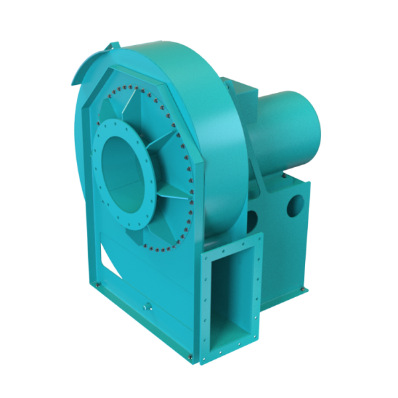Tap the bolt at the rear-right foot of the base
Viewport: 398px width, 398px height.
306,289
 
